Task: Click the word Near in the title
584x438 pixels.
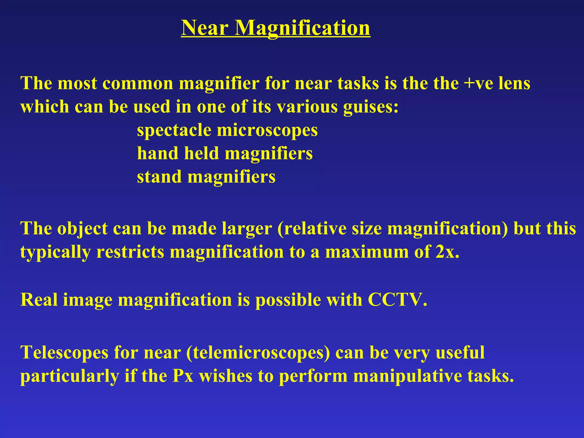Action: [x=205, y=28]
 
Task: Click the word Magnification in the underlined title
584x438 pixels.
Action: [x=302, y=28]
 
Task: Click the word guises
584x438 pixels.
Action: [x=370, y=107]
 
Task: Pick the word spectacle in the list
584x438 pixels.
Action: [x=174, y=130]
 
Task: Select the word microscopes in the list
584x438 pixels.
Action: [x=267, y=130]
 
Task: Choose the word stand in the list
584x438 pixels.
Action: [x=159, y=177]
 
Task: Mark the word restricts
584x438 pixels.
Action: [x=130, y=252]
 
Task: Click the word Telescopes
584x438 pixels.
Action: [x=64, y=352]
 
